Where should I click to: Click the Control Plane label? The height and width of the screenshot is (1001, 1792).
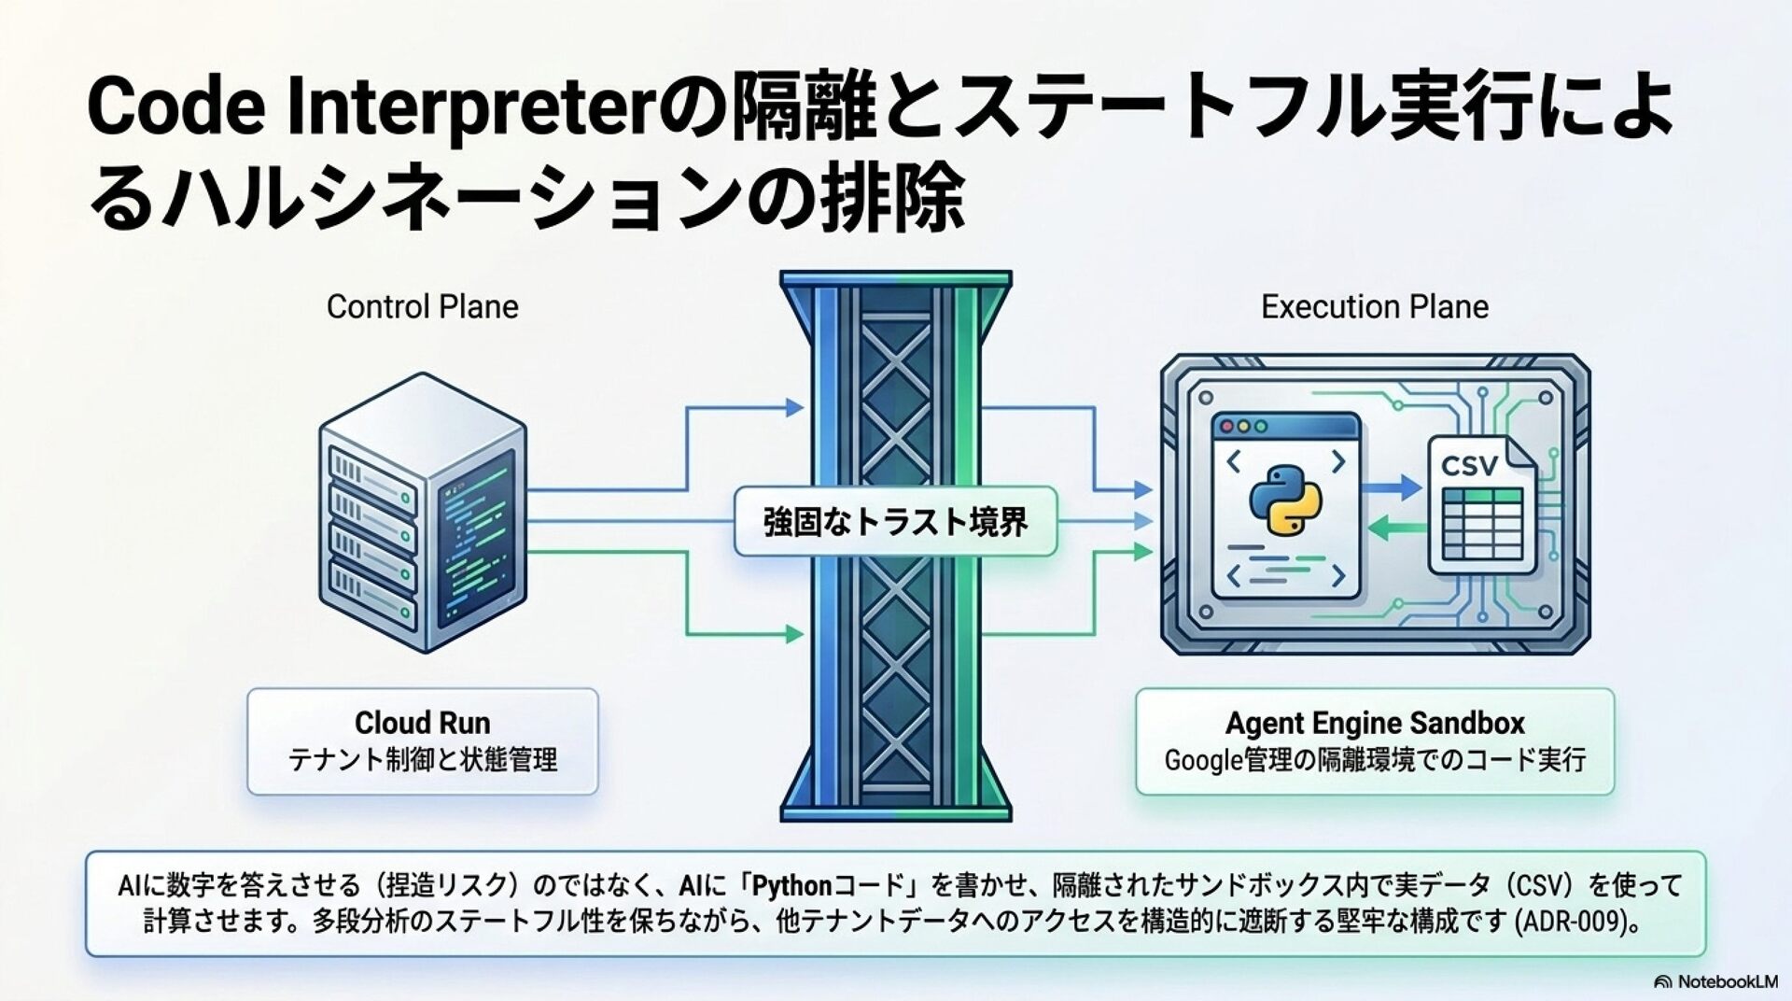pos(422,306)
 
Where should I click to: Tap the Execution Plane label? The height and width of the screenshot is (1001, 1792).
pos(1375,306)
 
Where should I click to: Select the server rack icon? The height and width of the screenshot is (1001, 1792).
pos(423,513)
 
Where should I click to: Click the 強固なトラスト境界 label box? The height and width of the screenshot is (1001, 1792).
pos(895,521)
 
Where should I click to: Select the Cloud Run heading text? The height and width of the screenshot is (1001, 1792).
pos(422,723)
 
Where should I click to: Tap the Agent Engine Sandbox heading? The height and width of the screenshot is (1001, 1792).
pos(1375,723)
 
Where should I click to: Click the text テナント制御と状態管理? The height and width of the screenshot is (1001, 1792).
pos(422,760)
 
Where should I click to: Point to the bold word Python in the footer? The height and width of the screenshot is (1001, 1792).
pos(791,885)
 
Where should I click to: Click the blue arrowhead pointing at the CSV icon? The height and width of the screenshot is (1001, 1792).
pos(1409,486)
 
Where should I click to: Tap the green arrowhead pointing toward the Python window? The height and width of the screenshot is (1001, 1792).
pos(1379,529)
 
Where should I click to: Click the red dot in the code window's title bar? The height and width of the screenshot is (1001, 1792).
pos(1228,427)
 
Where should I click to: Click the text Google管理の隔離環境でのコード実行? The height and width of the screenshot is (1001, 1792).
pos(1375,760)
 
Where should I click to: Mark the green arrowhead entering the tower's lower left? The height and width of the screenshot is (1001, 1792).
pos(793,635)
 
